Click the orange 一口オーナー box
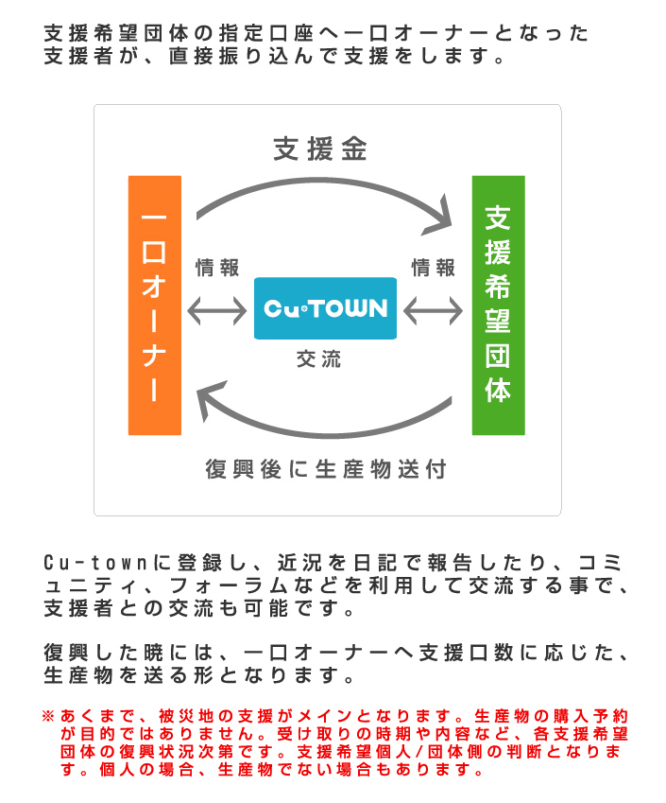pyautogui.click(x=155, y=305)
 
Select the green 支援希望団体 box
pyautogui.click(x=498, y=305)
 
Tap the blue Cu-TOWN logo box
pyautogui.click(x=325, y=308)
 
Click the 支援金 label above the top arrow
pyautogui.click(x=320, y=149)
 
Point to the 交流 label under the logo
pyautogui.click(x=318, y=359)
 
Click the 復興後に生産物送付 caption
pyautogui.click(x=326, y=469)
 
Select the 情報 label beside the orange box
pyautogui.click(x=217, y=268)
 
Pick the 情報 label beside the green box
pyautogui.click(x=434, y=268)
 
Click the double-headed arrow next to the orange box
pyautogui.click(x=217, y=311)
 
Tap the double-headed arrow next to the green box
pyautogui.click(x=433, y=311)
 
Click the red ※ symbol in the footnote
pyautogui.click(x=48, y=715)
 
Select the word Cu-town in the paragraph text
pyautogui.click(x=95, y=563)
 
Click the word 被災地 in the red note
pyautogui.click(x=186, y=715)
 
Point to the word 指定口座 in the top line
pyautogui.click(x=266, y=33)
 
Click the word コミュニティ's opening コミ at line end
pyautogui.click(x=600, y=563)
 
